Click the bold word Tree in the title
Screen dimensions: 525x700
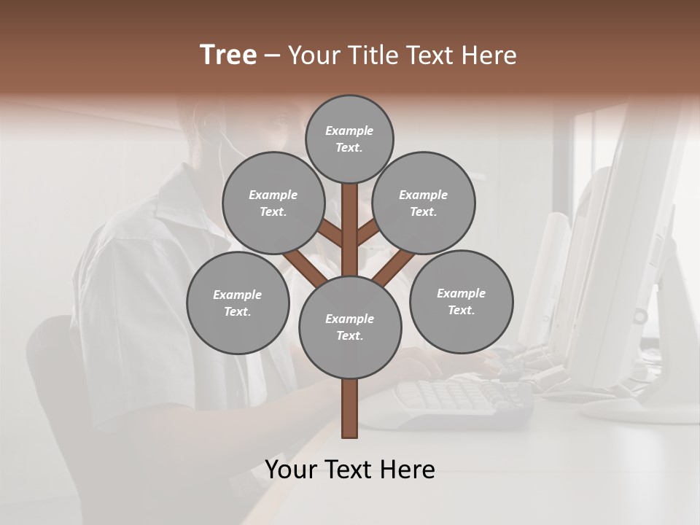228,55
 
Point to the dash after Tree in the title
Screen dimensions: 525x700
272,56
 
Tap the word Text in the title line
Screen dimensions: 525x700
431,55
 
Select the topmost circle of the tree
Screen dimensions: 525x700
349,139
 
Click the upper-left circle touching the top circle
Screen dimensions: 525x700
273,203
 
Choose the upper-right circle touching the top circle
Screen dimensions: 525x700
424,203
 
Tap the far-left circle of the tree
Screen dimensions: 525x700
238,303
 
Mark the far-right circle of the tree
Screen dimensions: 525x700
461,301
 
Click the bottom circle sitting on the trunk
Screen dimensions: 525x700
350,327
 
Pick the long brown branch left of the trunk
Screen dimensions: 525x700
305,268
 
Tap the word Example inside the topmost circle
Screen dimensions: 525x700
349,131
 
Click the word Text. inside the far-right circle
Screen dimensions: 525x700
461,310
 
